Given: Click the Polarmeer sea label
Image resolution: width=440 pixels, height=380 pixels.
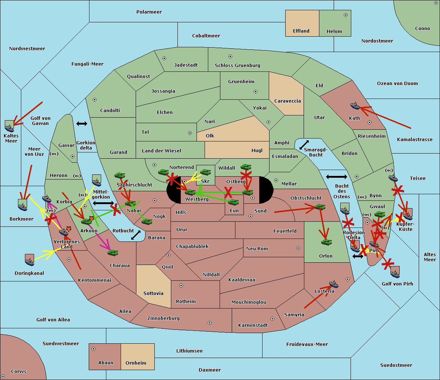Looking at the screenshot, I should [x=149, y=12].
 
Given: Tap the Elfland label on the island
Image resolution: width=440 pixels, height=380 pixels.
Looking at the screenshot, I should [x=301, y=31].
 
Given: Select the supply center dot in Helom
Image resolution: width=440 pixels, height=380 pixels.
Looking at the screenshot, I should [x=345, y=15].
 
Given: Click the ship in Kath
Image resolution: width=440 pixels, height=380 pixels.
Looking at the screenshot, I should [x=355, y=106].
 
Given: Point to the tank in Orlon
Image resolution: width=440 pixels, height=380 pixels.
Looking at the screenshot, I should [x=326, y=242].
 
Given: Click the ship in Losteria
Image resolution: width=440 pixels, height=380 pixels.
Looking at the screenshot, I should [x=334, y=284].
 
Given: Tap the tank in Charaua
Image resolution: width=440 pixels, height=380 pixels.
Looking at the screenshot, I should [x=113, y=252].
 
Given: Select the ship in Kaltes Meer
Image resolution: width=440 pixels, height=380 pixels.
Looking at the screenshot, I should [x=10, y=126].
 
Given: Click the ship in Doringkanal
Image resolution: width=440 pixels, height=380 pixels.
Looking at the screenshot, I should [x=29, y=260].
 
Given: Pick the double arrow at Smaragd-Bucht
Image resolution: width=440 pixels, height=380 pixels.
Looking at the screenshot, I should [x=304, y=145].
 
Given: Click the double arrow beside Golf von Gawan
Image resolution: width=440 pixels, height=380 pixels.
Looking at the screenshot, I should [x=81, y=124].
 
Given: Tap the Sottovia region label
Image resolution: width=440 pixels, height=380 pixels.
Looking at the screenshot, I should [x=153, y=294].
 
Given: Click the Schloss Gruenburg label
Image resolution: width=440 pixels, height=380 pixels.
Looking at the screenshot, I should [x=237, y=66].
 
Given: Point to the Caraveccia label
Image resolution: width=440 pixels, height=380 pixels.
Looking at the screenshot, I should [x=287, y=101].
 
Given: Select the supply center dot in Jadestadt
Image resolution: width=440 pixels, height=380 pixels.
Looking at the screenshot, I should [x=164, y=58].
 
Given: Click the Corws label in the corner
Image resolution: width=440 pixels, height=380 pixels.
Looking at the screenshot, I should [x=18, y=372].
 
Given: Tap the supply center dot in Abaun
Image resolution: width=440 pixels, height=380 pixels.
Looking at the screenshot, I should [x=93, y=349].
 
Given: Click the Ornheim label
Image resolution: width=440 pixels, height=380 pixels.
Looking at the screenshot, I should [x=136, y=363].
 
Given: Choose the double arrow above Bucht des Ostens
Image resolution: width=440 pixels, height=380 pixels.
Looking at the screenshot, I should [x=336, y=177].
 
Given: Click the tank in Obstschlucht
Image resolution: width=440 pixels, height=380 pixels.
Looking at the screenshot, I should [x=320, y=207].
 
